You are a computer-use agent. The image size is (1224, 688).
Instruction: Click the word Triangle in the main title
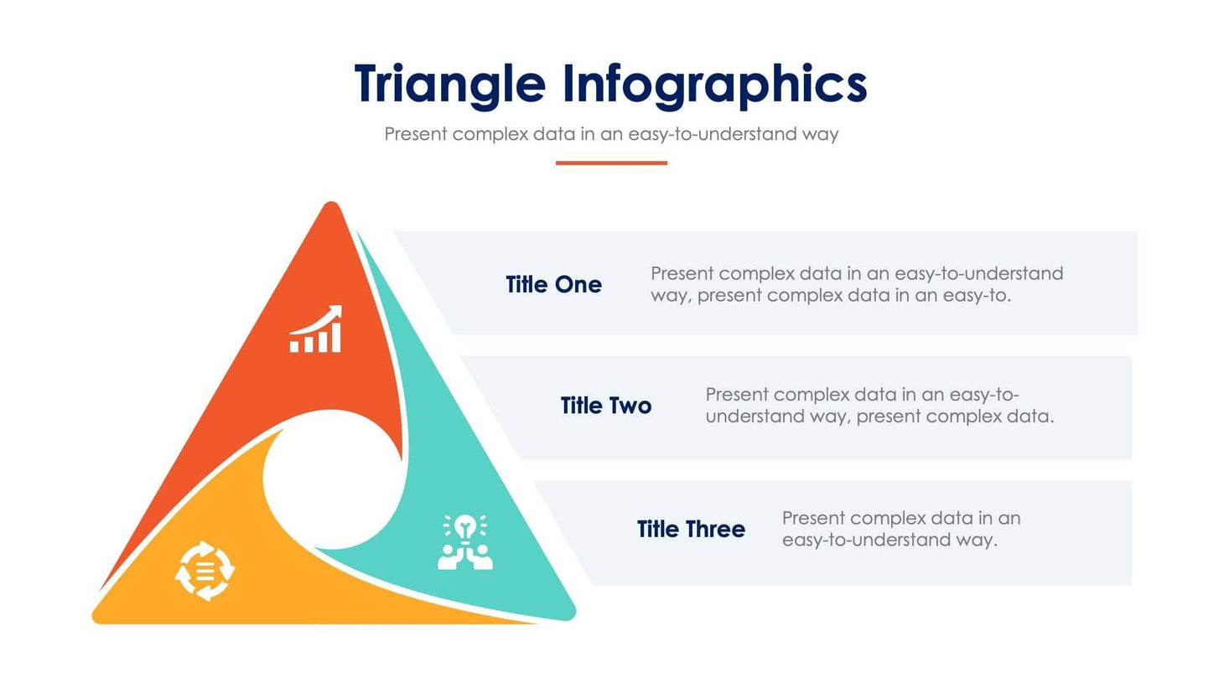tap(449, 85)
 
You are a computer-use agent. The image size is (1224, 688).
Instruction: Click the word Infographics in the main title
tap(714, 85)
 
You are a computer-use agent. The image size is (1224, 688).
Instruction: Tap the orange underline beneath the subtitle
tap(611, 163)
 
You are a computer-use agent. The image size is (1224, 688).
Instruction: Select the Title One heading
tap(553, 285)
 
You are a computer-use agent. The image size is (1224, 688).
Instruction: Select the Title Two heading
tap(606, 406)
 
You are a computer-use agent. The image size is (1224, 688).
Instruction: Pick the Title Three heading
tap(691, 530)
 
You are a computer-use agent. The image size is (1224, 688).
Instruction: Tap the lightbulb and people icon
tap(465, 542)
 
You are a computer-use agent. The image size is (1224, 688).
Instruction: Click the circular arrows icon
tap(205, 571)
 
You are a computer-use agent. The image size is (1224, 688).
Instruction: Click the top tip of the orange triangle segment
tap(331, 208)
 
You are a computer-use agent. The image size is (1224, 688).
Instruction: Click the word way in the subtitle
tap(820, 134)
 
